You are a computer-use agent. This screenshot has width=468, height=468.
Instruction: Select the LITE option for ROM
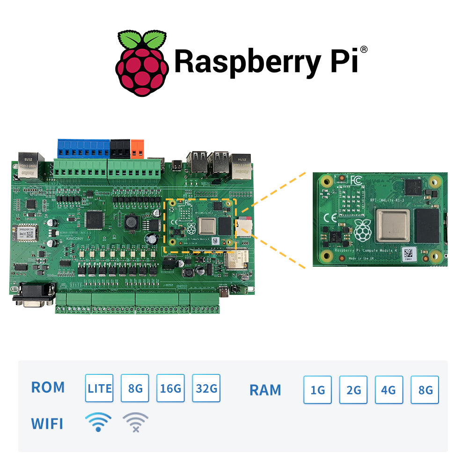tap(99, 388)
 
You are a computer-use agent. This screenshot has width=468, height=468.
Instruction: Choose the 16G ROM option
tap(170, 388)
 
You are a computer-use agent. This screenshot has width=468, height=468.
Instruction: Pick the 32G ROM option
tap(206, 388)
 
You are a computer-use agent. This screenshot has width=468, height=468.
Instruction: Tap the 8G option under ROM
tap(135, 388)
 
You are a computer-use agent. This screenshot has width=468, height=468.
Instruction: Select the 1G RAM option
tap(318, 390)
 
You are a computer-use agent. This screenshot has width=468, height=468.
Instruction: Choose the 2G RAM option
tap(353, 390)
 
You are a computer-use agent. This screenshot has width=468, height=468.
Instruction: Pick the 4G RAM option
tap(389, 390)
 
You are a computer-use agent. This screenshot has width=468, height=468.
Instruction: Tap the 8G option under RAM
tap(425, 390)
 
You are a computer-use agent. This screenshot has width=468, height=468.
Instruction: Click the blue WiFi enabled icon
tap(98, 422)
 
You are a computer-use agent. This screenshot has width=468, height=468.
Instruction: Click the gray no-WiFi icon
tap(135, 422)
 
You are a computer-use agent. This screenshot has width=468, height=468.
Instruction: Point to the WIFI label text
tap(47, 424)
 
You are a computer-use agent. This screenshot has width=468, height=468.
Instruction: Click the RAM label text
tap(265, 390)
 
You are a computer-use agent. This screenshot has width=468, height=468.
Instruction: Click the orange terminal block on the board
tap(138, 148)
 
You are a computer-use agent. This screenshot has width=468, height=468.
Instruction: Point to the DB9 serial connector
tap(33, 295)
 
